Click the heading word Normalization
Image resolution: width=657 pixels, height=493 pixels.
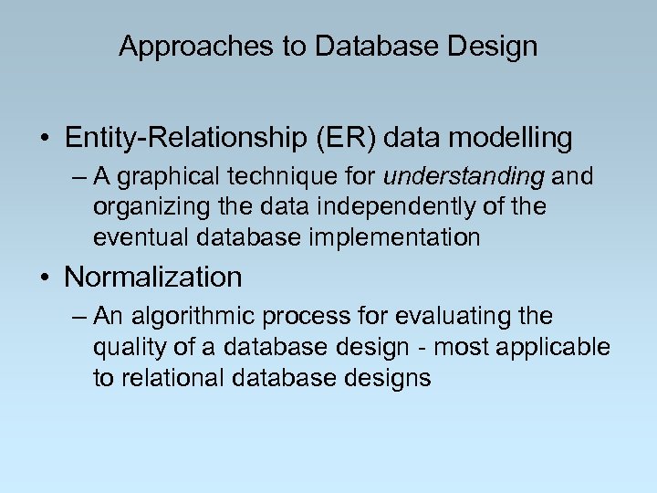[x=153, y=277]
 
